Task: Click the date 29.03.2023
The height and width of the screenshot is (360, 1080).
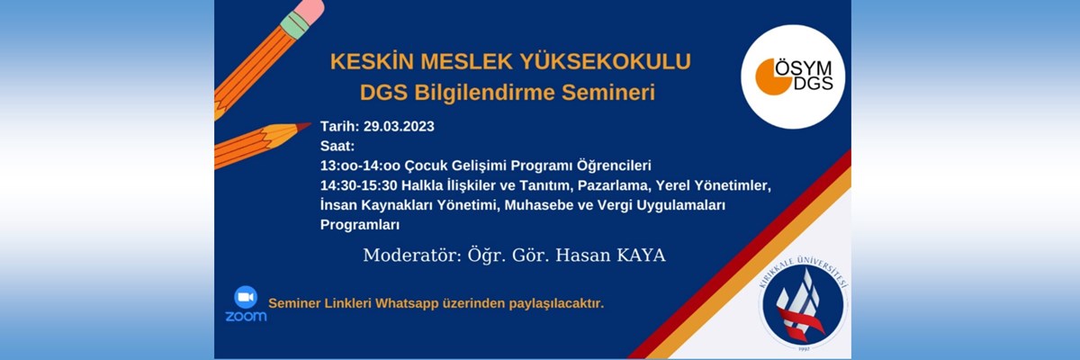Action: [399, 126]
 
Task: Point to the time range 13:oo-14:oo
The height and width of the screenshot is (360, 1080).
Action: [360, 166]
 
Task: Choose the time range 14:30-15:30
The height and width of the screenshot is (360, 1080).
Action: [359, 185]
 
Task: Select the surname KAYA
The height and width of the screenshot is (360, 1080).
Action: [641, 255]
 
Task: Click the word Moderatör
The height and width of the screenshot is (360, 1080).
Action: [412, 255]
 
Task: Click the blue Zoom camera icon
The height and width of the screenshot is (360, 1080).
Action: [246, 297]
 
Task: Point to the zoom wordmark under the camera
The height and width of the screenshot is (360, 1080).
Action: [246, 316]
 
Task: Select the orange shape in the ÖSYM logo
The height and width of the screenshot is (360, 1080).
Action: [771, 77]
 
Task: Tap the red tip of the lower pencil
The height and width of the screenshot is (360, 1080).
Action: [304, 126]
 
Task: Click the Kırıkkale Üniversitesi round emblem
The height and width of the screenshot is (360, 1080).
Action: [803, 304]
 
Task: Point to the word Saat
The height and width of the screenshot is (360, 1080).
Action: [337, 146]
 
